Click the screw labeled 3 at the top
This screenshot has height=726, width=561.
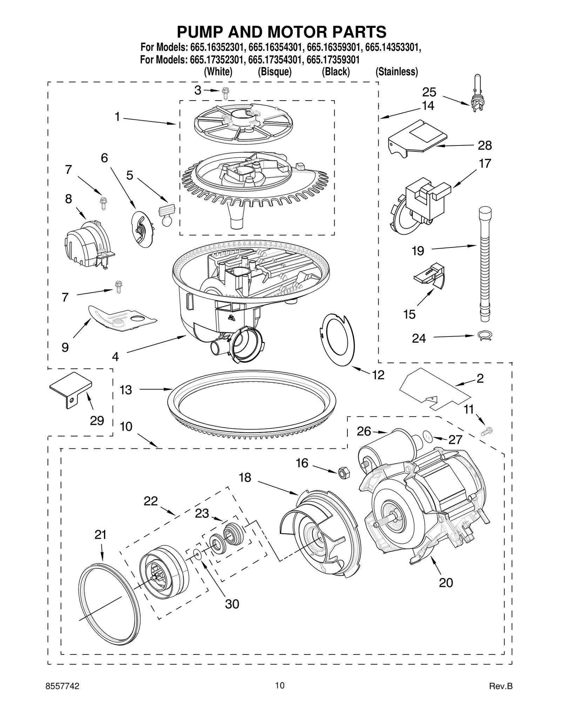(x=224, y=93)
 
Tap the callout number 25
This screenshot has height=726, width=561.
(x=429, y=92)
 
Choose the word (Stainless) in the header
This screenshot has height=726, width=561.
(x=397, y=72)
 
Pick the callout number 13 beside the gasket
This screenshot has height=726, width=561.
(x=126, y=389)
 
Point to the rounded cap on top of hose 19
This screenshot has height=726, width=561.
(x=485, y=212)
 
